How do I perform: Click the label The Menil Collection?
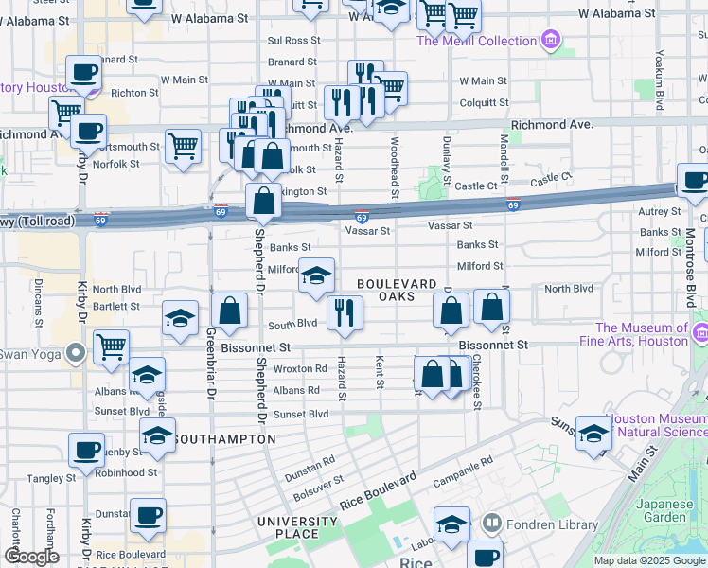[x=476, y=40]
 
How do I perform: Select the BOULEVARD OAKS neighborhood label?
[x=398, y=291]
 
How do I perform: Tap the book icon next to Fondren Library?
[x=491, y=524]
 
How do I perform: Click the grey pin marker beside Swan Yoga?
[x=78, y=355]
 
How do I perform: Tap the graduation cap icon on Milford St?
[x=316, y=276]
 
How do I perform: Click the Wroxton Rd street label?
[x=300, y=368]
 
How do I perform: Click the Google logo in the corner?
[x=31, y=557]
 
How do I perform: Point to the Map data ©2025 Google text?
[x=648, y=560]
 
